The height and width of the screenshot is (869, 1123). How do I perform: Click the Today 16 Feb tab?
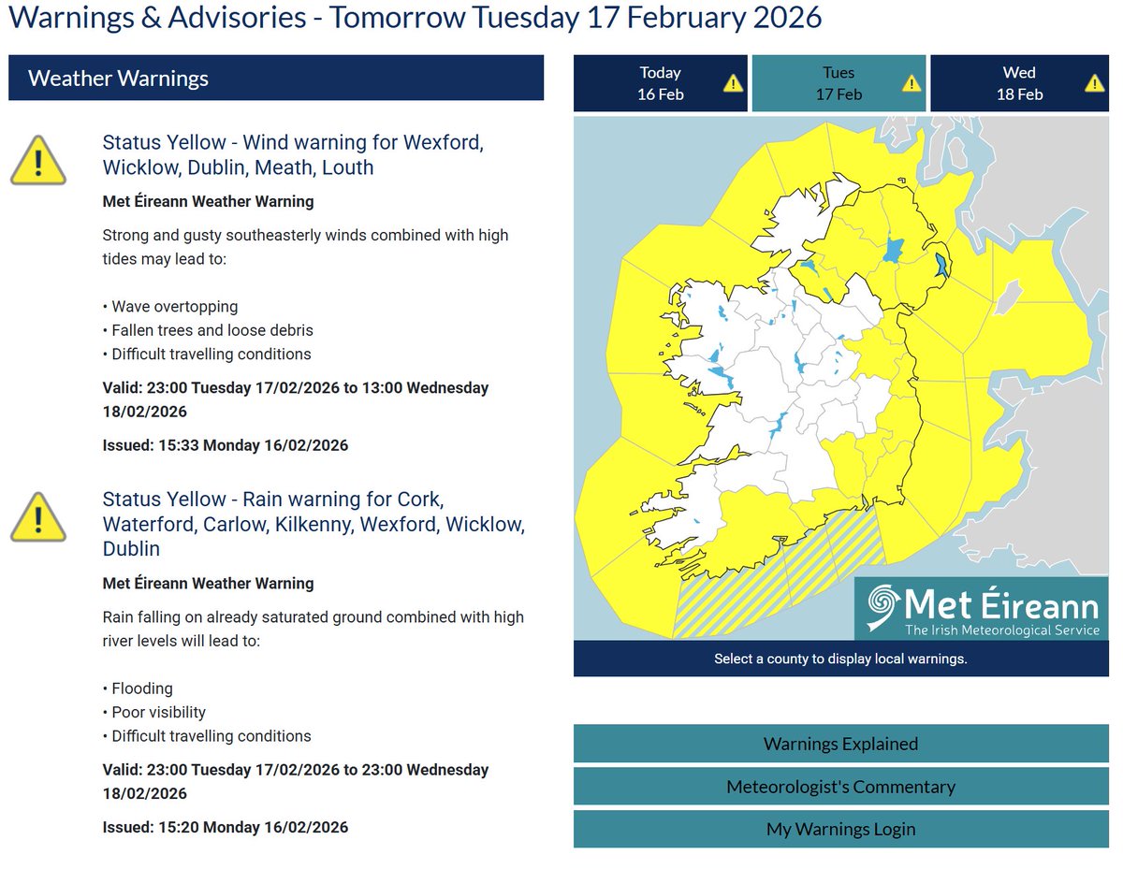click(x=660, y=83)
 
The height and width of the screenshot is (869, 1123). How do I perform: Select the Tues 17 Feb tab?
click(x=839, y=83)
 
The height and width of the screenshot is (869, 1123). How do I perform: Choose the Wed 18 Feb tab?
click(x=1019, y=83)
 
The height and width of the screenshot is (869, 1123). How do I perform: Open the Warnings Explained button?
click(x=840, y=745)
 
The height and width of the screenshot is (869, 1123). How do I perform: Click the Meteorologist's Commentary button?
click(x=840, y=787)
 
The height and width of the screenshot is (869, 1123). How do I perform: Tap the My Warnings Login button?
click(x=840, y=829)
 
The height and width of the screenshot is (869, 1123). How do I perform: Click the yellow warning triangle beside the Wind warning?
click(x=38, y=160)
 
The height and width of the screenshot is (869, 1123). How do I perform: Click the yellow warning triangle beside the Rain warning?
click(x=38, y=517)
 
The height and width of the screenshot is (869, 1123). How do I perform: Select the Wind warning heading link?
click(x=292, y=155)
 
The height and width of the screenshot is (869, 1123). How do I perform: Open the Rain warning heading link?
click(x=313, y=524)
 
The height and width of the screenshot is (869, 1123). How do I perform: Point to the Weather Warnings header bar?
click(x=276, y=78)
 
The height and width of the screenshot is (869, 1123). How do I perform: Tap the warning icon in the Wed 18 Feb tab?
click(x=1094, y=83)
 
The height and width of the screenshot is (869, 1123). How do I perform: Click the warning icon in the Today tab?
click(x=733, y=83)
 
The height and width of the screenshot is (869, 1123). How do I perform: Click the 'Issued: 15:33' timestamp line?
click(x=225, y=445)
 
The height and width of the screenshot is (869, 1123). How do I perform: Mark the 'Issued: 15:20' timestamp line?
click(x=225, y=827)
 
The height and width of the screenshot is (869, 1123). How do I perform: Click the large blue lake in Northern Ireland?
click(x=893, y=250)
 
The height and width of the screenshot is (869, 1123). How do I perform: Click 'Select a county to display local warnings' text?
click(x=840, y=659)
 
